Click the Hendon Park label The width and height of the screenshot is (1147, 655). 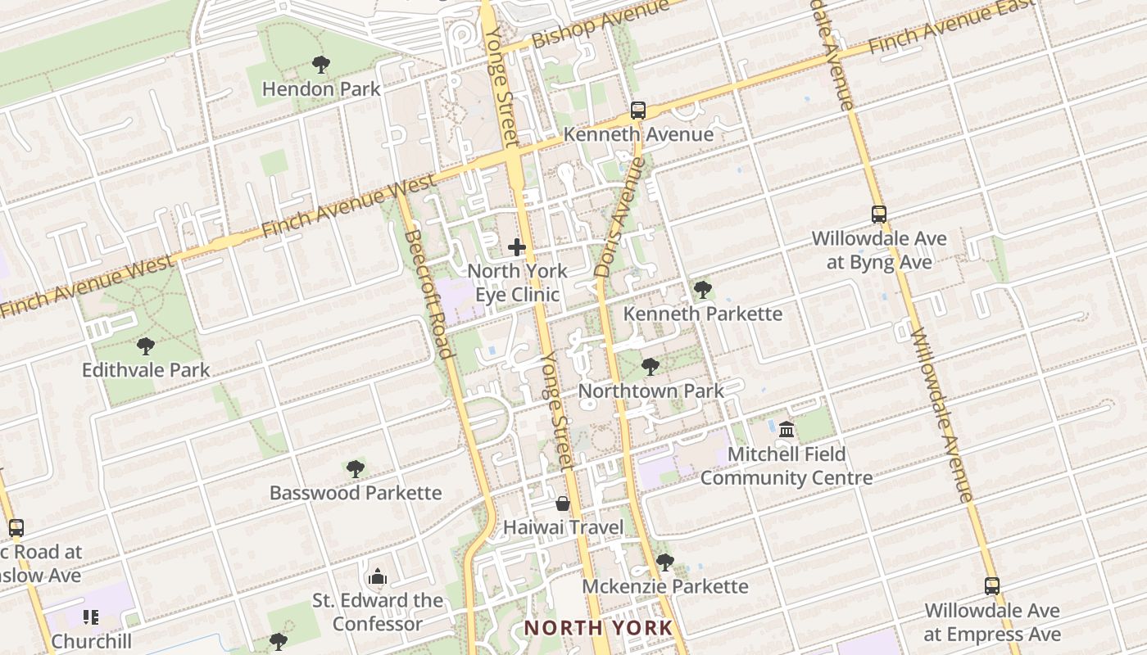click(321, 88)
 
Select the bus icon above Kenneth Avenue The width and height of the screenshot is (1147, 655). click(638, 110)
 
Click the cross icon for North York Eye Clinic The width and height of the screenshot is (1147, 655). click(517, 246)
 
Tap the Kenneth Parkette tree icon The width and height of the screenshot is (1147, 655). click(702, 289)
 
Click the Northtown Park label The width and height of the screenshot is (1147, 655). click(651, 391)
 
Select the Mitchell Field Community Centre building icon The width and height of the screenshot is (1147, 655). click(787, 429)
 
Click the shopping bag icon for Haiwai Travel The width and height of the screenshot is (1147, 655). click(563, 503)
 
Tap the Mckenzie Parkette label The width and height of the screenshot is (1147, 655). click(665, 586)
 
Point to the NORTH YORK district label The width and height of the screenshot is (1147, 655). click(598, 628)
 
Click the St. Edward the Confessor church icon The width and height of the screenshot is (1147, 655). click(378, 576)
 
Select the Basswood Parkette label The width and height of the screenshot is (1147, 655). click(356, 493)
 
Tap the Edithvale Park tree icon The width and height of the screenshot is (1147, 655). click(146, 346)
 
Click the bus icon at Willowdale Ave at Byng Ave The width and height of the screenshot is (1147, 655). click(879, 215)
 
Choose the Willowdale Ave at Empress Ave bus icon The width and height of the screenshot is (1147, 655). click(992, 586)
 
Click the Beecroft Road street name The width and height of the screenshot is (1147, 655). click(429, 294)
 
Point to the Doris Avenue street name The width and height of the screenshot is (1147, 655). click(620, 216)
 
